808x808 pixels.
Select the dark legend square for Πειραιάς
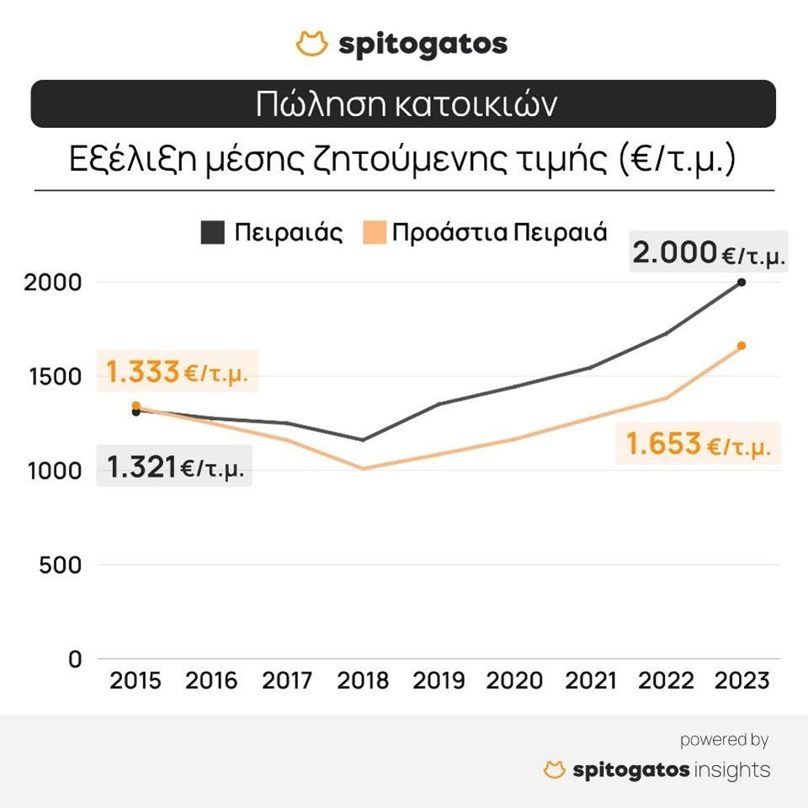(x=213, y=232)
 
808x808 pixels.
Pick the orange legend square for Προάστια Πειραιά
(x=376, y=232)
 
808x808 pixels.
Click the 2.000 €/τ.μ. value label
(x=709, y=252)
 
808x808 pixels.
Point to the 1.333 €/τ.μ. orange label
(x=177, y=372)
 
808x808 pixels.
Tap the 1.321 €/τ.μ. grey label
(x=175, y=467)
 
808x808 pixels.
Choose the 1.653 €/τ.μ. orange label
(x=698, y=444)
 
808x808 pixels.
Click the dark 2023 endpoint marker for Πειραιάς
(x=742, y=282)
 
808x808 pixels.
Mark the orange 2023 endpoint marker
(x=742, y=346)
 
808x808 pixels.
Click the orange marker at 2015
(x=136, y=406)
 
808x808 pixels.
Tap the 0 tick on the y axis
(x=76, y=659)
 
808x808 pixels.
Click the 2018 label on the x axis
(x=363, y=680)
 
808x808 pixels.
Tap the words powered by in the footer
(x=724, y=741)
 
